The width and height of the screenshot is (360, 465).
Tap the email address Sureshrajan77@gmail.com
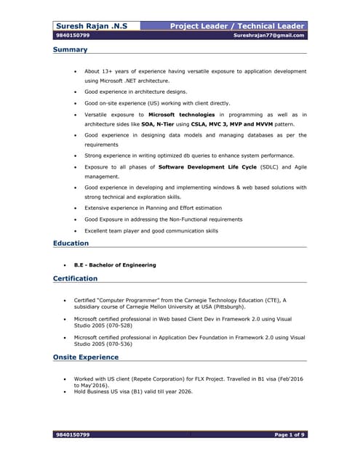tap(269, 35)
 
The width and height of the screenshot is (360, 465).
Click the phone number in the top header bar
tap(73, 35)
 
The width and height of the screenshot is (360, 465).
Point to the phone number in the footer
tap(73, 434)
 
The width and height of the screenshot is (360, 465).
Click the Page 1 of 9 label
tap(289, 434)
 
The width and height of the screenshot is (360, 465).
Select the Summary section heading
tap(70, 50)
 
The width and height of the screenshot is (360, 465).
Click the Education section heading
tap(71, 243)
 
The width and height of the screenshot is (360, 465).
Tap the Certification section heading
tap(75, 278)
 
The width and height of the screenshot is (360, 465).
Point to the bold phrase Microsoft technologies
tap(181, 115)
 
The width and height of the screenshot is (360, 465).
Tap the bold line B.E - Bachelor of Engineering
tap(115, 265)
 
